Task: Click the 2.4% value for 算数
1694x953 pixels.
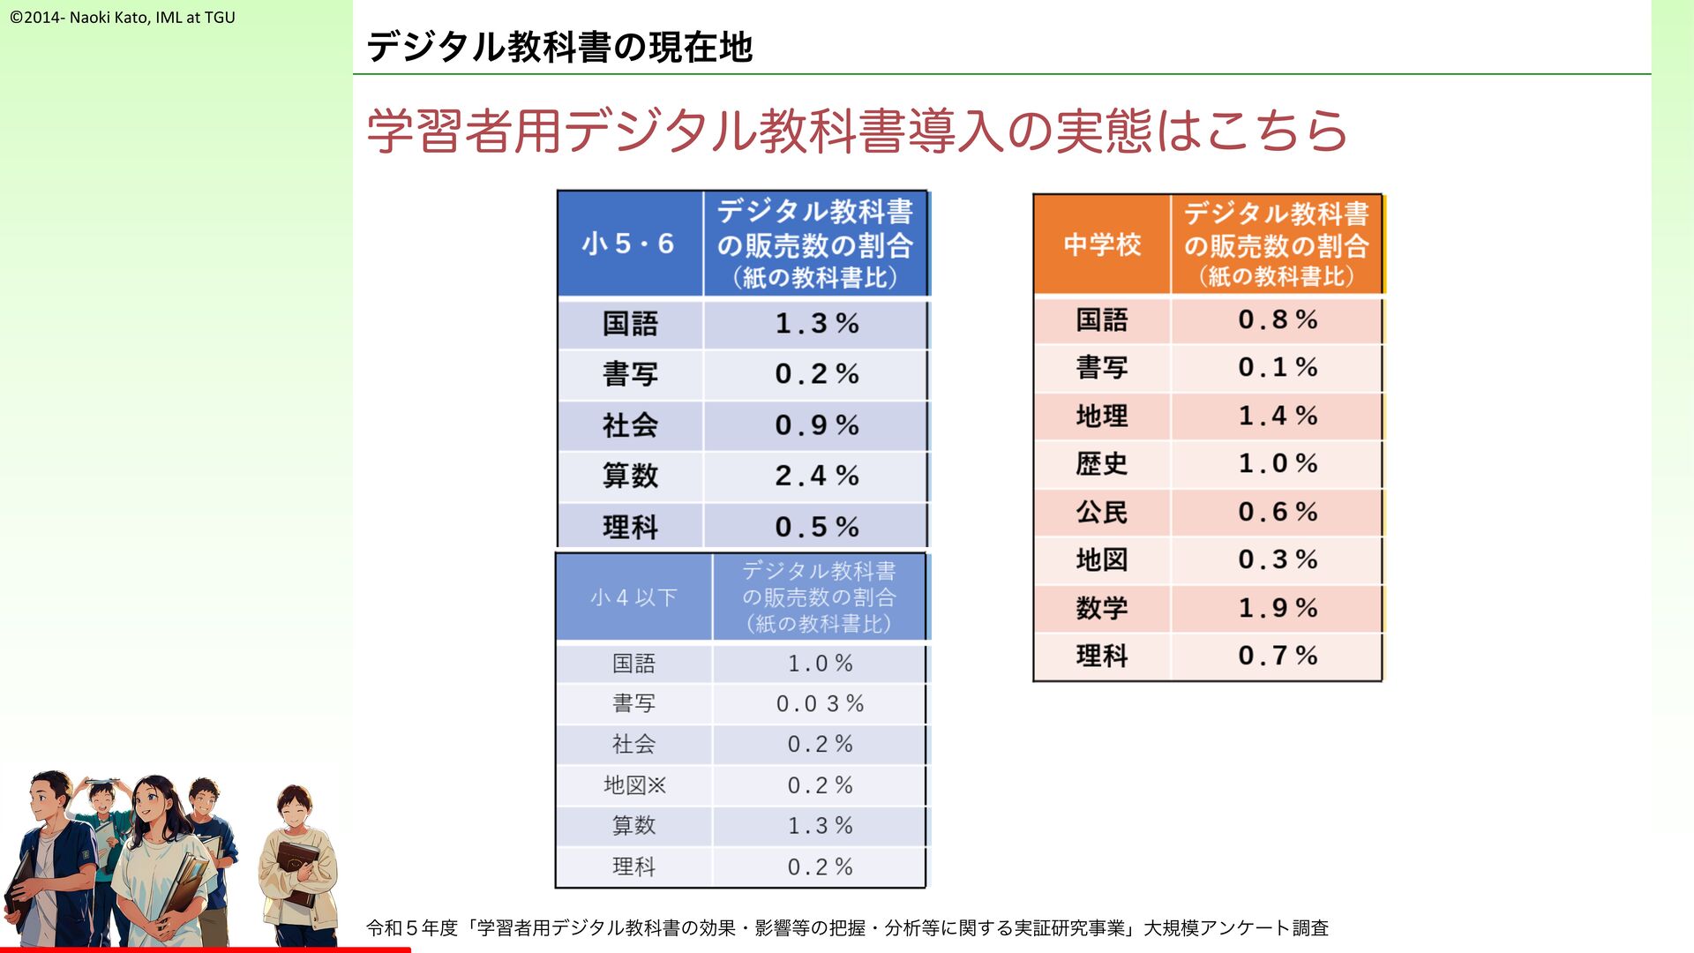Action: (817, 476)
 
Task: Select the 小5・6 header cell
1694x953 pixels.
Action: (629, 244)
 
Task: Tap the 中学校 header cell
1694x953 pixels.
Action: (1102, 244)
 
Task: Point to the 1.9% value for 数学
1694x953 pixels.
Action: (1278, 608)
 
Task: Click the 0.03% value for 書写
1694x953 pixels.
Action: (820, 704)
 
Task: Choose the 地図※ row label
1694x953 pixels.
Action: (634, 785)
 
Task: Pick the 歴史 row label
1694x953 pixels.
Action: (1102, 464)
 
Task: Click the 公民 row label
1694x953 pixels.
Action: (1102, 512)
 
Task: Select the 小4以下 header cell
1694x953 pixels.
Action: (633, 597)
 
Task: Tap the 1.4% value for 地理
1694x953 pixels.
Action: (1278, 416)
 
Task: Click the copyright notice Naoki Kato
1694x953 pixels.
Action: (123, 17)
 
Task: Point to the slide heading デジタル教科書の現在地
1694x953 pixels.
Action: (559, 47)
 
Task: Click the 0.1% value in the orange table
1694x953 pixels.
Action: (1278, 367)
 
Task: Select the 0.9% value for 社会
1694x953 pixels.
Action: (817, 425)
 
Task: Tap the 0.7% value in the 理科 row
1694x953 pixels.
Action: (1278, 656)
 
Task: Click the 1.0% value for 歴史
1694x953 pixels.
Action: (1278, 463)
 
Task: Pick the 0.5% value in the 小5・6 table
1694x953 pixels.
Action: (817, 528)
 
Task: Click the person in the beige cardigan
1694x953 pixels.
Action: (298, 865)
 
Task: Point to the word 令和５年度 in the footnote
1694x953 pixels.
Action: (412, 928)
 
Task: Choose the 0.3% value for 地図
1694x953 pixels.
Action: (1278, 559)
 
